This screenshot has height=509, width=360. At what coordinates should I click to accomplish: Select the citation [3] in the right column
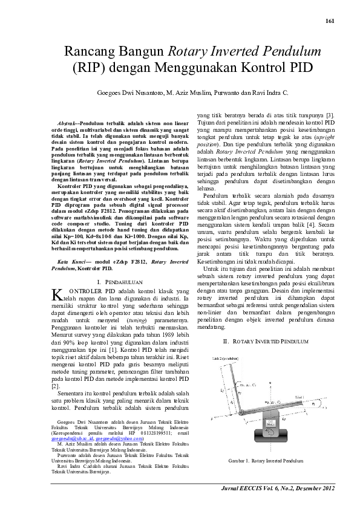(x=330, y=115)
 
